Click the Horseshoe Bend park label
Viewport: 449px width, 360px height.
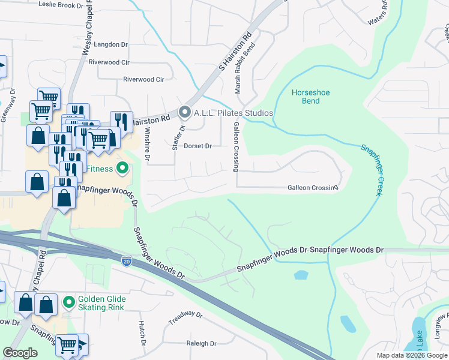[x=310, y=97]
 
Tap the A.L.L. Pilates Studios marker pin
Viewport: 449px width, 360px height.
[x=185, y=112]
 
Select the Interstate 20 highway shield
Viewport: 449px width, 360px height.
[x=127, y=261]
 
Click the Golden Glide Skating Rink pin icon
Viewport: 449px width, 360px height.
[x=69, y=301]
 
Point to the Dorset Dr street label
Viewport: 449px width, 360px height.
[x=198, y=146]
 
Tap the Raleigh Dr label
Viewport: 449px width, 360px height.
[x=201, y=344]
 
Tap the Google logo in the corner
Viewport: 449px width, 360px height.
[x=20, y=353]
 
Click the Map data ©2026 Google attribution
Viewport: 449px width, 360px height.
[x=411, y=355]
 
